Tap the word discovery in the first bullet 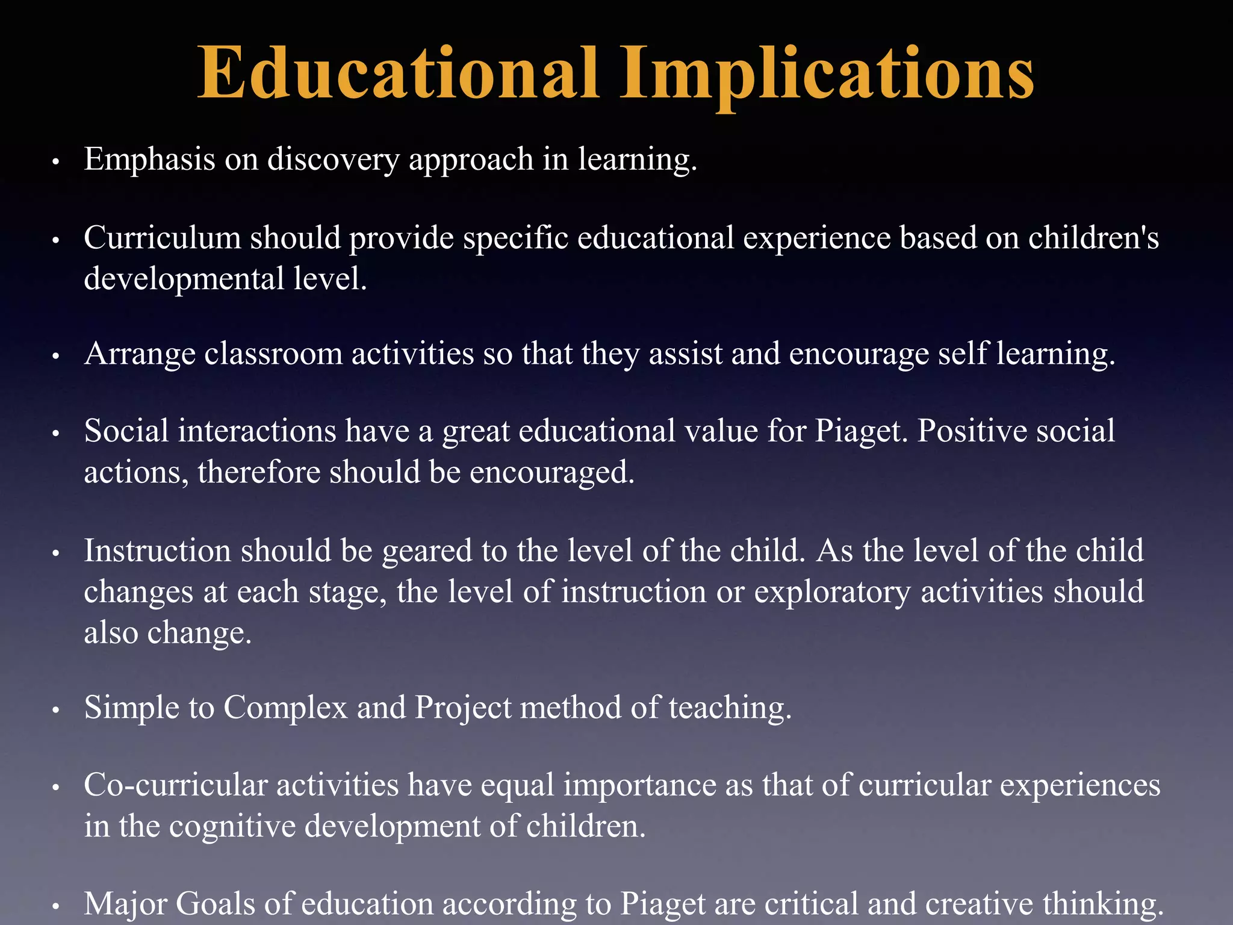333,160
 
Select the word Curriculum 163,238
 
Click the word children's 1093,238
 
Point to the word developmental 184,279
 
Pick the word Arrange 140,353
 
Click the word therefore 258,473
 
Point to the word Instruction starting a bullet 157,551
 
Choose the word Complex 286,708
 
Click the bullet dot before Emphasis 55,163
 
